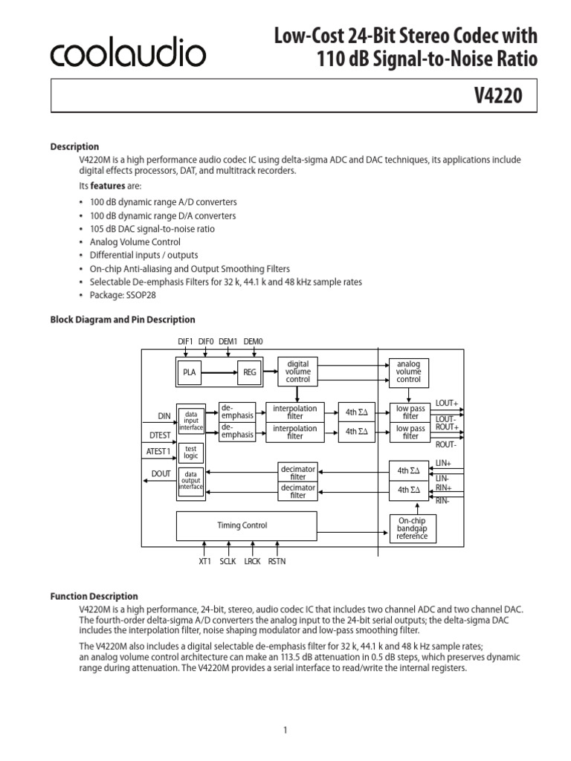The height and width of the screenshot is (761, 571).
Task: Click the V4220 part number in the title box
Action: point(499,95)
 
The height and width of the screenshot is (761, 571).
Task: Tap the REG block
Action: point(248,372)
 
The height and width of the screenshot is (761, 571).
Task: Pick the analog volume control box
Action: point(408,372)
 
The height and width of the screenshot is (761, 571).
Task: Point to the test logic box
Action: point(190,453)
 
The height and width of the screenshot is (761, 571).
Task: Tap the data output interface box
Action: point(190,481)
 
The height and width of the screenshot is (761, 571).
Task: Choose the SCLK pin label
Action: point(228,562)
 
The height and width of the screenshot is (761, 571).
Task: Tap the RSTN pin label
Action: point(276,562)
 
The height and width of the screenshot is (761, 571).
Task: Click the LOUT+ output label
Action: point(447,402)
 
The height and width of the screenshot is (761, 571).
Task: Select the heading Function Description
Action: point(94,596)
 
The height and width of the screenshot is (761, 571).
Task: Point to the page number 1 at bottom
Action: point(285,710)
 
